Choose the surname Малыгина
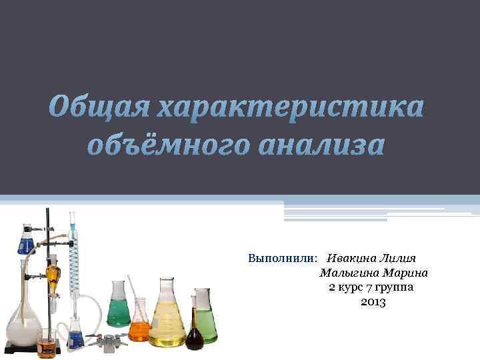pyautogui.click(x=348, y=273)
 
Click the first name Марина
pyautogui.click(x=404, y=273)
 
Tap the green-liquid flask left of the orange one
pyautogui.click(x=119, y=307)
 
